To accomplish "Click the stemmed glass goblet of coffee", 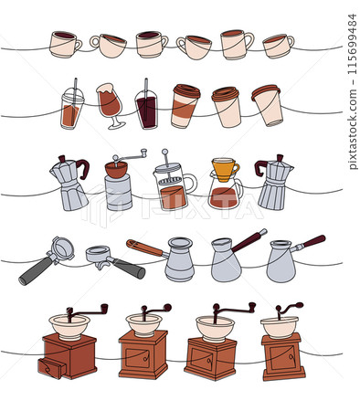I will click(x=110, y=103).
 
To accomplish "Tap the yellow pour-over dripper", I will click(x=225, y=169).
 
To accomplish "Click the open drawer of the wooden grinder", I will click(x=51, y=368).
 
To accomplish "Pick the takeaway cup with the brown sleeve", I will click(x=185, y=106).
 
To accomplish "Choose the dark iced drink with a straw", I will click(x=146, y=110).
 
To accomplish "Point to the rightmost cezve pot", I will click(x=283, y=260).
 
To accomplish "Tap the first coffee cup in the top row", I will click(x=64, y=44).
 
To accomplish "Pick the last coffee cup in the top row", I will click(x=278, y=45).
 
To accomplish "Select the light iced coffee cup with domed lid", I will click(x=73, y=109).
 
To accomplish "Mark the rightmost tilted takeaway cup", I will click(x=268, y=106).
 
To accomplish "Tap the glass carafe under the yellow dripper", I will click(x=225, y=195).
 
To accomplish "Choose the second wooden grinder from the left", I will click(x=143, y=347).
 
